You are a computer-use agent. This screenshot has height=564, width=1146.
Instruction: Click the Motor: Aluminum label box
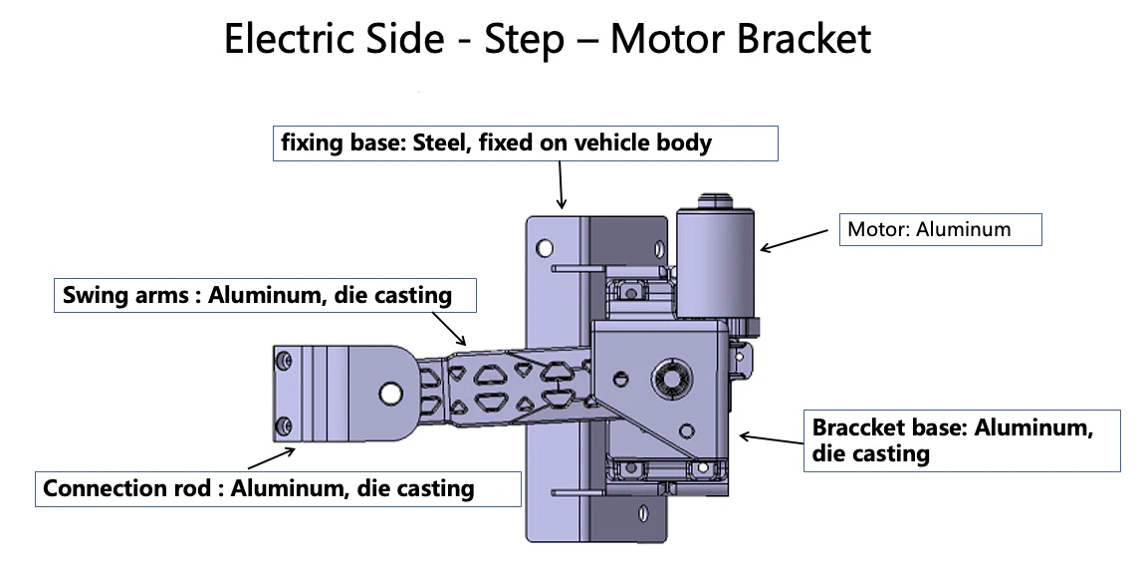pos(941,229)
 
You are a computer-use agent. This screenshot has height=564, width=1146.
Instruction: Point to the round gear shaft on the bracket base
pos(665,379)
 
